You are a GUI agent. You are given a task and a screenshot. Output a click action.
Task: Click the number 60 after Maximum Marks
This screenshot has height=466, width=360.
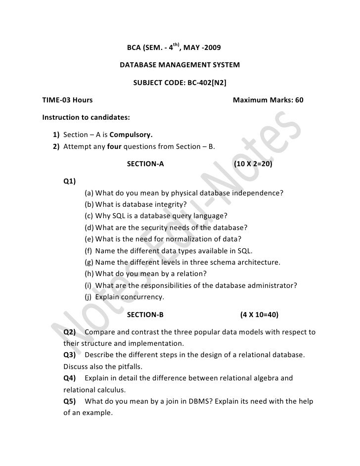[x=299, y=100]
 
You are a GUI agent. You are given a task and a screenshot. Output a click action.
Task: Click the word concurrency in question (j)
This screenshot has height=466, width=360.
[x=144, y=297]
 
